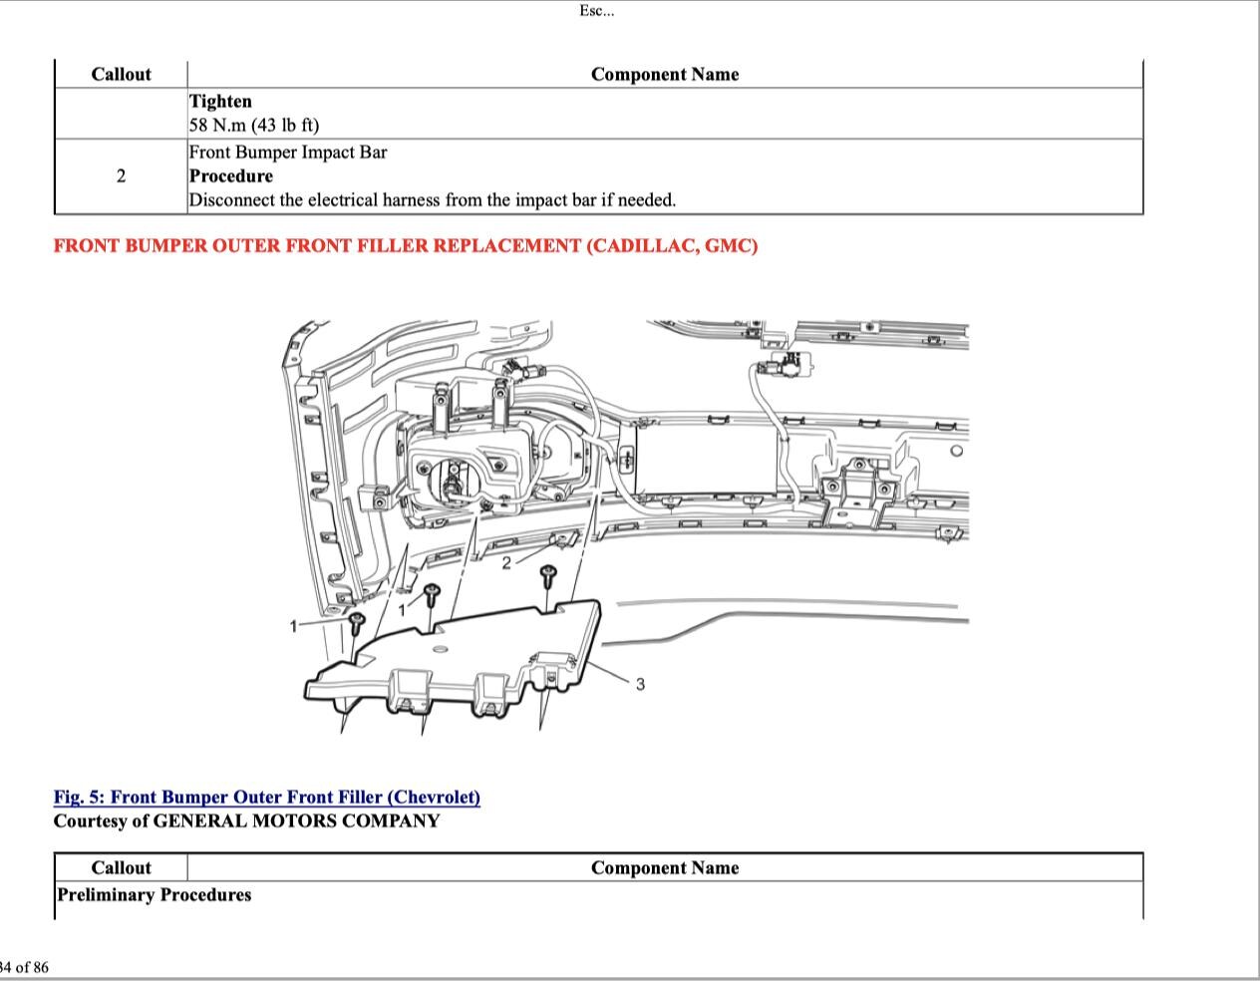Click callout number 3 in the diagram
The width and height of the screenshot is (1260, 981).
pos(640,684)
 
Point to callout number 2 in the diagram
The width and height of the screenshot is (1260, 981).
pos(506,563)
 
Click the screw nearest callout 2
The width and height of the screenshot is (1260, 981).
pos(547,575)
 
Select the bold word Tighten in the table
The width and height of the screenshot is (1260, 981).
pos(220,102)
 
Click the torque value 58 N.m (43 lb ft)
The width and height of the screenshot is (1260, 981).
pos(254,126)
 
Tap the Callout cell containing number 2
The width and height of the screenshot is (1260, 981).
pos(121,176)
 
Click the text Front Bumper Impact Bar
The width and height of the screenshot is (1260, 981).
pos(288,153)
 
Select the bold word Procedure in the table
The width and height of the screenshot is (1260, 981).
pos(231,176)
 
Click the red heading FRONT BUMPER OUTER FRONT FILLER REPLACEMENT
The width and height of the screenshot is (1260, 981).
pos(406,246)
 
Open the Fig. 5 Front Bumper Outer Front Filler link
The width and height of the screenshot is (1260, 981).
pos(267,798)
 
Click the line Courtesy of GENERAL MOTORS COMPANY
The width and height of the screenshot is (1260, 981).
pos(246,821)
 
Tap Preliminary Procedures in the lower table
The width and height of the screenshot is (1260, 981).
pos(155,895)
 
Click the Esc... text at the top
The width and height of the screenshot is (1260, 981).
pos(597,11)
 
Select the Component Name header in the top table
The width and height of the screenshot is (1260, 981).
pos(665,75)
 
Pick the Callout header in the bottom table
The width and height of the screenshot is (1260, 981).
pos(121,868)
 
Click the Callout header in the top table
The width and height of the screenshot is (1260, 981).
pos(121,75)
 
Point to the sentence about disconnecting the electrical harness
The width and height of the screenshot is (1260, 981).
pos(433,200)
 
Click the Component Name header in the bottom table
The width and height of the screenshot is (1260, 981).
pos(665,868)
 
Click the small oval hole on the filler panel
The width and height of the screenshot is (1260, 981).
pos(440,649)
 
